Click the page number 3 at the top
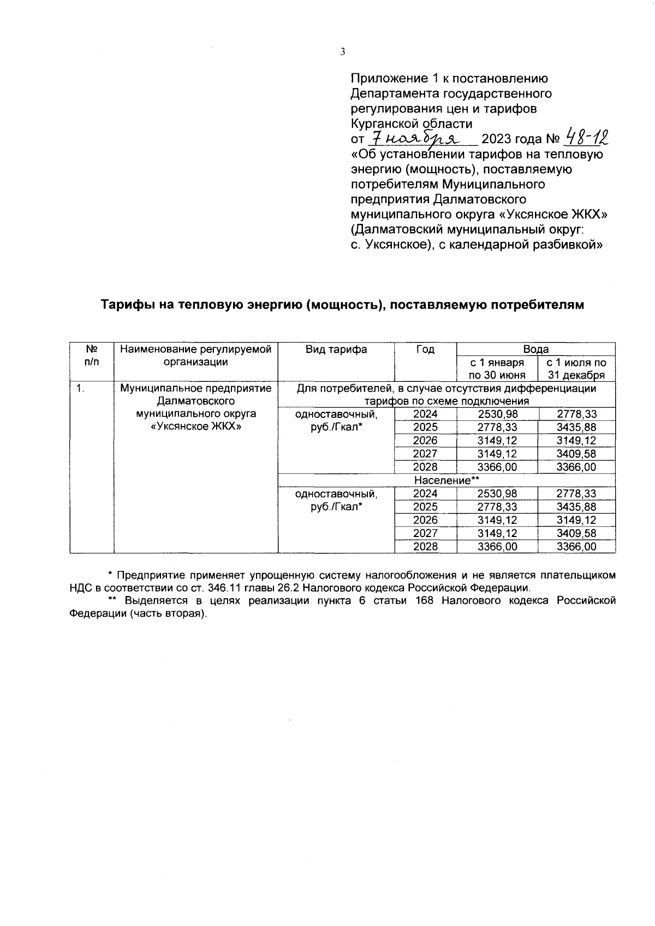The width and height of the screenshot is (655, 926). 343,52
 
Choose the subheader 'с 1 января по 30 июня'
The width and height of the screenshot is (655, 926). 497,369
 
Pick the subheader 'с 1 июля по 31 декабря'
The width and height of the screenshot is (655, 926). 576,369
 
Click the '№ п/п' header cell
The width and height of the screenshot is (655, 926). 92,355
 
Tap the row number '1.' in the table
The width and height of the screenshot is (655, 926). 80,388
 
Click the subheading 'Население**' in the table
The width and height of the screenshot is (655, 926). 446,481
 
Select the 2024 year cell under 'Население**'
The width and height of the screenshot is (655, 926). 425,494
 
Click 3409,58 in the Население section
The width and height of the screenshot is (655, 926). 576,533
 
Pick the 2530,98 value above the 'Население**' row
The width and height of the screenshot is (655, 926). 497,414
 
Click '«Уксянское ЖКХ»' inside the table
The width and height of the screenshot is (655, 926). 195,427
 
